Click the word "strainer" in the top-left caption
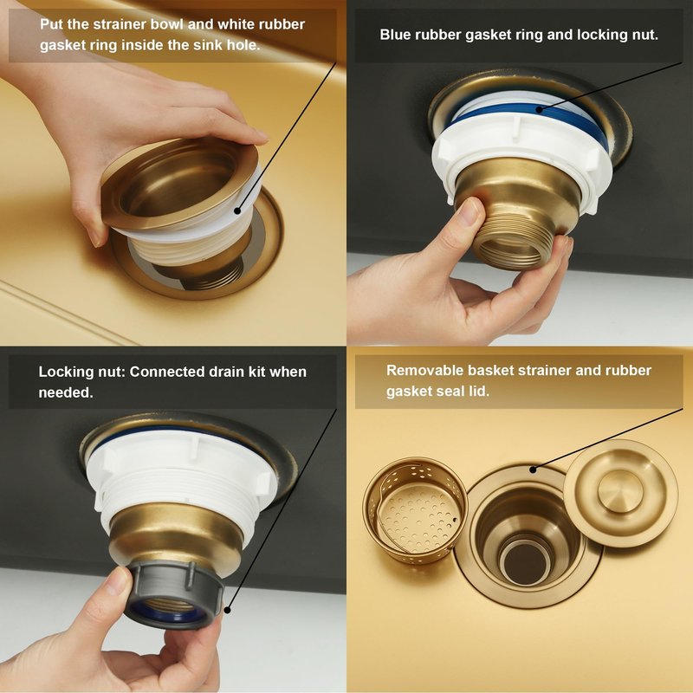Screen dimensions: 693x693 pos(124,24)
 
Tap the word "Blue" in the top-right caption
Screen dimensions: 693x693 pos(395,35)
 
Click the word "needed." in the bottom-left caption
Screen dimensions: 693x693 pos(66,392)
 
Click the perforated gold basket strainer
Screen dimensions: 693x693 pos(415,510)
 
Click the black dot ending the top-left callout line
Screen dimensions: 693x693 pos(237,210)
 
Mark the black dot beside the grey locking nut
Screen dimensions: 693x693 pos(227,611)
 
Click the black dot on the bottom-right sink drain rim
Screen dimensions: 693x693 pos(533,470)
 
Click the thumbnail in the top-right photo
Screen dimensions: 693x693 pos(468,212)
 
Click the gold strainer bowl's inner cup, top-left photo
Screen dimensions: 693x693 pos(176,185)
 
